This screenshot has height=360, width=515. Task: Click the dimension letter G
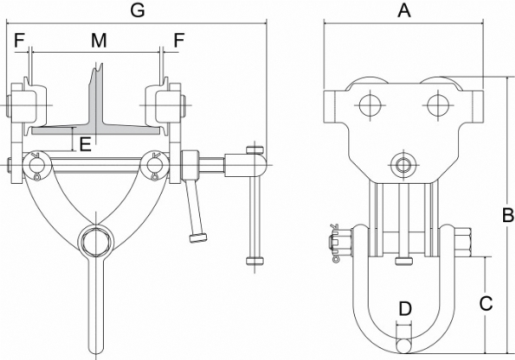tap(137, 10)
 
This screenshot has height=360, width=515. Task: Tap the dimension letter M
tap(99, 40)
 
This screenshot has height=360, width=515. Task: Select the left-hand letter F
tap(20, 40)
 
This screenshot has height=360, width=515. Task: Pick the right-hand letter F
tap(179, 40)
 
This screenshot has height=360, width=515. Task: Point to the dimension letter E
tap(85, 144)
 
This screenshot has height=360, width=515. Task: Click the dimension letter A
tap(404, 10)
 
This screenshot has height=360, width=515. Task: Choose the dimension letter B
tap(508, 215)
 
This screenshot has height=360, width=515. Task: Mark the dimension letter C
tap(486, 304)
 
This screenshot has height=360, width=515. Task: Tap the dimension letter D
tap(405, 309)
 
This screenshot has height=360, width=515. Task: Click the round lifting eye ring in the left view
tap(95, 228)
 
